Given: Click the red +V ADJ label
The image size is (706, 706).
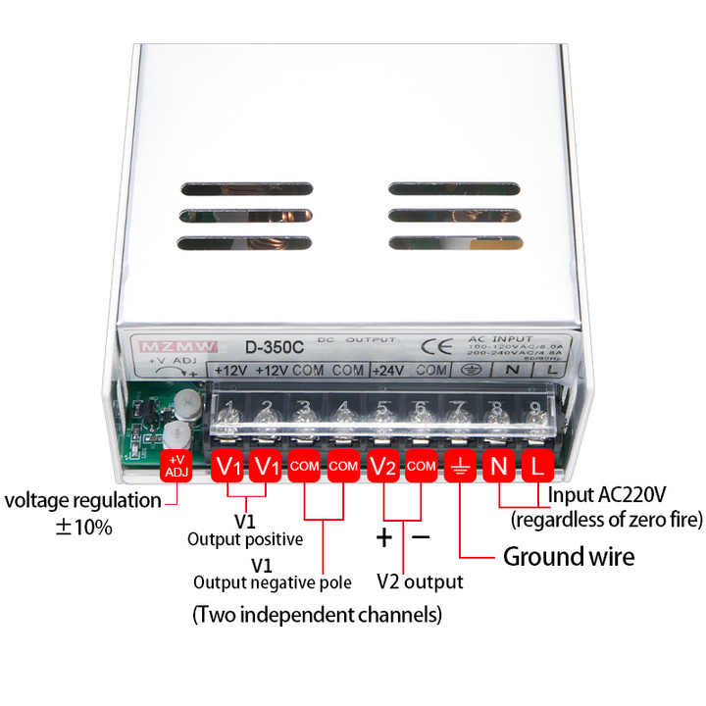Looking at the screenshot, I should pos(176,465).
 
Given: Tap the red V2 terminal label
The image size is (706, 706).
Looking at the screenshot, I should pos(383,466).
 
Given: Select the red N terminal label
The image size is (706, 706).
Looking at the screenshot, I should pos(498,466).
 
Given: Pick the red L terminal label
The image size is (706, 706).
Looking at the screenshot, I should pos(536,466).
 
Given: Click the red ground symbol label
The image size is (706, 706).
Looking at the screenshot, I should pos(459,466).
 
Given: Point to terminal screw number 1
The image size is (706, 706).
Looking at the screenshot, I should pos(228,417).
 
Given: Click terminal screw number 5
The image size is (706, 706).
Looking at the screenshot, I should pos(382,417).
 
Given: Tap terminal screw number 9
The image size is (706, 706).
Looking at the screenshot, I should pos(535,417).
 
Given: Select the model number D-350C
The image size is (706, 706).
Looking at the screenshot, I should pos(267,347).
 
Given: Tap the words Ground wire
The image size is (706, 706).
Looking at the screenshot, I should pos(569,557).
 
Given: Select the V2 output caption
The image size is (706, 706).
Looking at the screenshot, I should pos(420,581).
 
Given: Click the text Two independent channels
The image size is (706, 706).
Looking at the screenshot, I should pos(317,615).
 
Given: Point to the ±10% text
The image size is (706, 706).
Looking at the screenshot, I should pos(83,527).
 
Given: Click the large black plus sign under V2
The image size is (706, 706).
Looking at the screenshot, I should pos(384,537).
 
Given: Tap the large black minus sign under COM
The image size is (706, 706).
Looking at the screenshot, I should pos(421,537).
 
